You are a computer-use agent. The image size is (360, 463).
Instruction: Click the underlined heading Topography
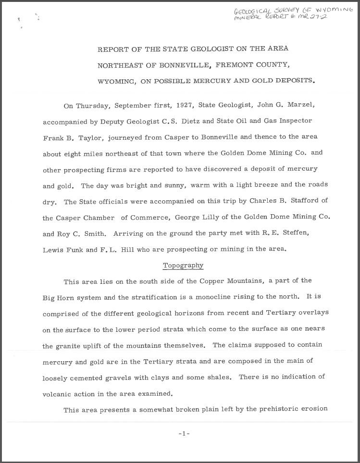pyautogui.click(x=183, y=266)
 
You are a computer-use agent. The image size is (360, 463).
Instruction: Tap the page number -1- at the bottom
pyautogui.click(x=184, y=433)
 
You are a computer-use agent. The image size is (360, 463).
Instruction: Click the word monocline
pyautogui.click(x=211, y=297)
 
